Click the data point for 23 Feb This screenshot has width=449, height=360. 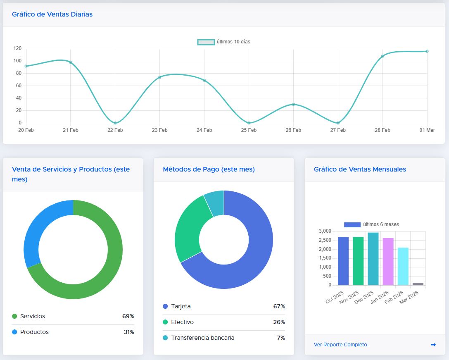(x=159, y=77)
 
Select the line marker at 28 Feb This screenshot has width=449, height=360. (x=382, y=56)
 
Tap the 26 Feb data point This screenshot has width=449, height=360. (x=293, y=105)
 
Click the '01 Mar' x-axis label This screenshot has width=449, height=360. (x=427, y=130)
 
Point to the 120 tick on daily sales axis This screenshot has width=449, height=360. (x=17, y=48)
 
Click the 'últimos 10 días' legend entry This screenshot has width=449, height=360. (x=223, y=42)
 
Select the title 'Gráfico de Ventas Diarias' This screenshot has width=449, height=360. (x=52, y=14)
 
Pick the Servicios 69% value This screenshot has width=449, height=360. (x=128, y=316)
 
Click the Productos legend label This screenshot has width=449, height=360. (x=34, y=332)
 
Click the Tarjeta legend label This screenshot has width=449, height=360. (x=181, y=306)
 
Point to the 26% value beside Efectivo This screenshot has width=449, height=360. (x=279, y=322)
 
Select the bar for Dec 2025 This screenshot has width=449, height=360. (x=373, y=259)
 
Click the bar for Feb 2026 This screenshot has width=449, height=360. (x=403, y=266)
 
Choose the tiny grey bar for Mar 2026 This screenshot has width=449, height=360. (x=418, y=284)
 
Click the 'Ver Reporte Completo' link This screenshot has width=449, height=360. (x=340, y=345)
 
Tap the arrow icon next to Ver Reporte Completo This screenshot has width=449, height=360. (x=433, y=345)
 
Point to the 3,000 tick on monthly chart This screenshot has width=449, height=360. (x=325, y=231)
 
